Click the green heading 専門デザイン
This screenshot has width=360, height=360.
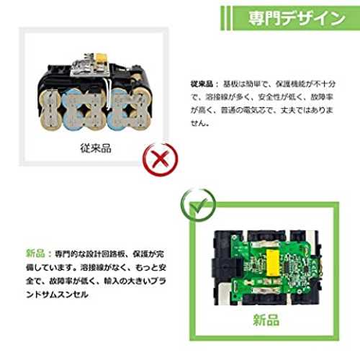(x=297, y=19)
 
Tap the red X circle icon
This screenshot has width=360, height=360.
(x=161, y=158)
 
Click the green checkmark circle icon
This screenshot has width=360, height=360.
(x=198, y=205)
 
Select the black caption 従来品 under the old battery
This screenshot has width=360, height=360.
(x=96, y=148)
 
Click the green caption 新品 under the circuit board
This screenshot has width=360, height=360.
(x=266, y=320)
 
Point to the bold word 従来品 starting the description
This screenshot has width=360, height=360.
(x=202, y=84)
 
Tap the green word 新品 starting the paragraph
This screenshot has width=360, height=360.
(x=35, y=253)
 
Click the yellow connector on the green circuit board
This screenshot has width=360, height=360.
(x=273, y=261)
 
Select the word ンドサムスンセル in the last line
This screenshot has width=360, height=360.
(x=57, y=294)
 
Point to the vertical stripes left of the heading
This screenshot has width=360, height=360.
(x=226, y=18)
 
